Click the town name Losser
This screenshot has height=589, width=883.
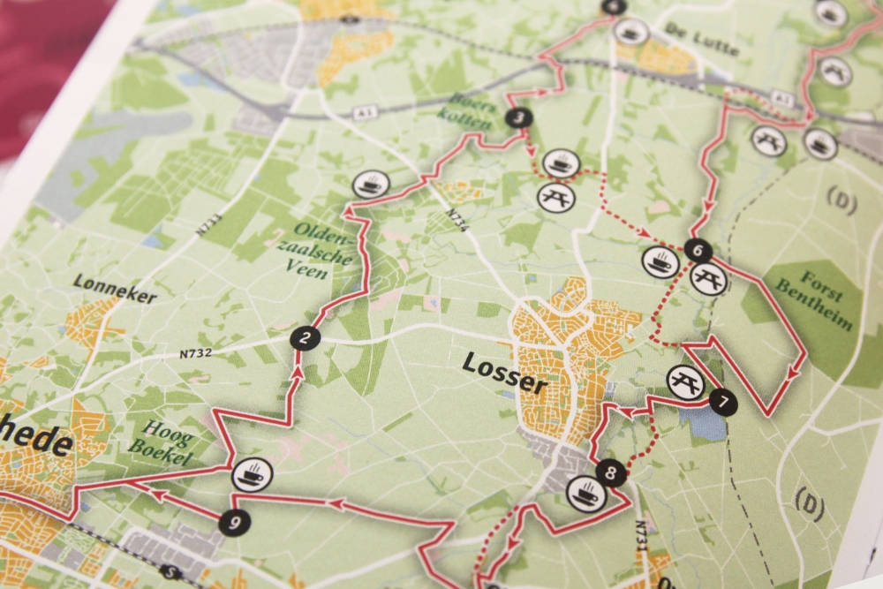pos(504,374)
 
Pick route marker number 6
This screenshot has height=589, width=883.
pos(697,251)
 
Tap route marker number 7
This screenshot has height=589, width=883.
pos(722,402)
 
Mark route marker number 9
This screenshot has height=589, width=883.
pos(234,523)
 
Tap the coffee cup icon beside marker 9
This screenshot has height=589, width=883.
pos(252,475)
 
